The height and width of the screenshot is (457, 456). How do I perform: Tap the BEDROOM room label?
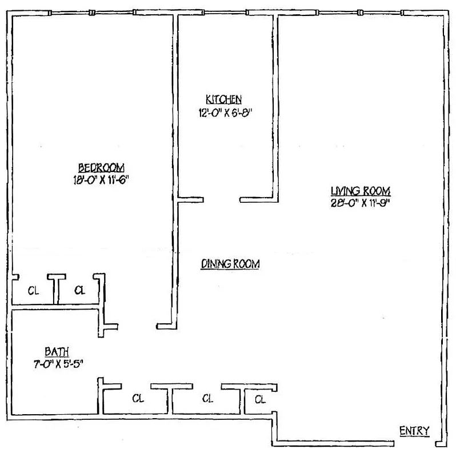pyautogui.click(x=101, y=167)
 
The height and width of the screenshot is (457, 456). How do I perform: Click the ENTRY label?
pyautogui.click(x=414, y=431)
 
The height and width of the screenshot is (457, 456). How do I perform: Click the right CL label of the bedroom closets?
pyautogui.click(x=79, y=290)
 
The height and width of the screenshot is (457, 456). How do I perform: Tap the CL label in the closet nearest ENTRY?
pyautogui.click(x=260, y=399)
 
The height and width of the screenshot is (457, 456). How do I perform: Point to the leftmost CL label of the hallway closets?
pyautogui.click(x=137, y=398)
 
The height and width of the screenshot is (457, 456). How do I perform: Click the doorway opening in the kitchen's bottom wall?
pyautogui.click(x=222, y=200)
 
